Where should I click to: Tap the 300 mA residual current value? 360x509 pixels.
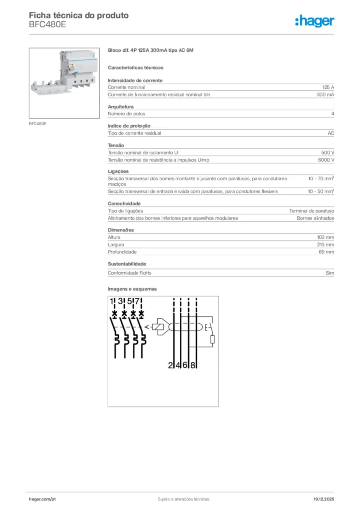[x=325, y=94]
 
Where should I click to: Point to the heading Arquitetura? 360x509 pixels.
[x=121, y=107]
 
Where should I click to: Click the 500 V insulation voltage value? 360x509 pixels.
[x=327, y=153]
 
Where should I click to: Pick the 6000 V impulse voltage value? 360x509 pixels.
[x=326, y=160]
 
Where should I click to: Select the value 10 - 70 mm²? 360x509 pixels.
[x=321, y=178]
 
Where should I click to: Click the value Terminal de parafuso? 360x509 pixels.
[x=312, y=211]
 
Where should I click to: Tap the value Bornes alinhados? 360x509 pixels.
[x=315, y=218]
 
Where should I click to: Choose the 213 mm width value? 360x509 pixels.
[x=326, y=245]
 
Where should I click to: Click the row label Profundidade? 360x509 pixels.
[x=122, y=252]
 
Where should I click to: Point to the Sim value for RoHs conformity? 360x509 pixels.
[x=330, y=273]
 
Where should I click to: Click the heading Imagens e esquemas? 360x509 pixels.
[x=132, y=289]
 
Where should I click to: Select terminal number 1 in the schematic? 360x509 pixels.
[x=112, y=301]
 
